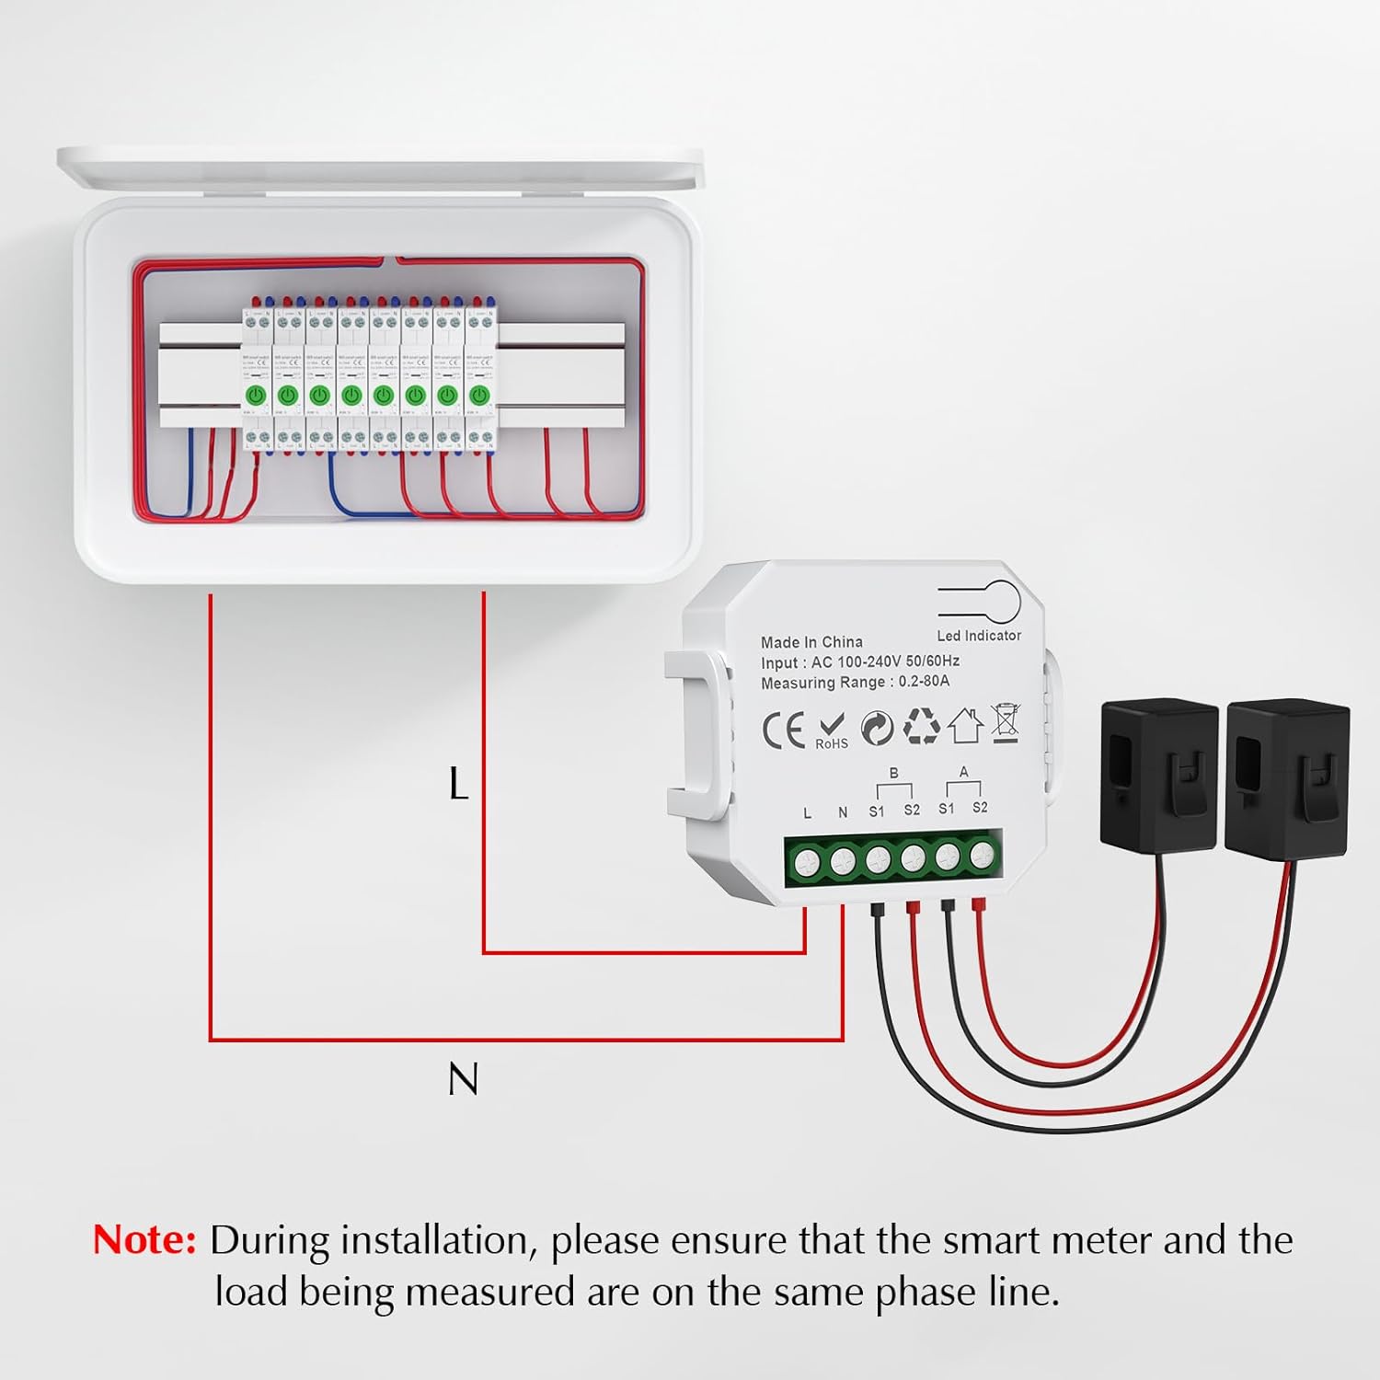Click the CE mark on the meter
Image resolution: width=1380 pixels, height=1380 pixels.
click(783, 730)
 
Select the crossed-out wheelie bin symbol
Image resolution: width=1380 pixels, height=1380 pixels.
click(1005, 722)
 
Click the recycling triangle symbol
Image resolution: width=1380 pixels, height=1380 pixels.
click(921, 726)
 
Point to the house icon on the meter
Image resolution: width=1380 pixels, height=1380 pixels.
click(965, 725)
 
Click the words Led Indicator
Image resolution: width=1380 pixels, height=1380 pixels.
click(979, 636)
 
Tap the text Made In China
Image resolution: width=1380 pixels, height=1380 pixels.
click(811, 642)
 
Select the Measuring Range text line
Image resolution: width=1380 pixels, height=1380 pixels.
click(855, 683)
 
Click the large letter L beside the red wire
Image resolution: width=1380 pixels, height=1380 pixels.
click(458, 785)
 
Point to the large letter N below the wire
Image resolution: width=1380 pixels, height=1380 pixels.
click(463, 1079)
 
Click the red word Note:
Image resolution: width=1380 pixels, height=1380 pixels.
click(144, 1240)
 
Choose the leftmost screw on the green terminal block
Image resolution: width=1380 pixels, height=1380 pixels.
click(807, 861)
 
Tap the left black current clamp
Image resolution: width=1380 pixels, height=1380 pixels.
click(1159, 773)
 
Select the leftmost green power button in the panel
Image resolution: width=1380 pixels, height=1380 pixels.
click(256, 396)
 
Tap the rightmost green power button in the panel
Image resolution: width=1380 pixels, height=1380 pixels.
click(478, 396)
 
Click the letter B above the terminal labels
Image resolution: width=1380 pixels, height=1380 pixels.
click(893, 774)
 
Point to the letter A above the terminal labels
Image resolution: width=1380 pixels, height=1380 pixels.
click(963, 772)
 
